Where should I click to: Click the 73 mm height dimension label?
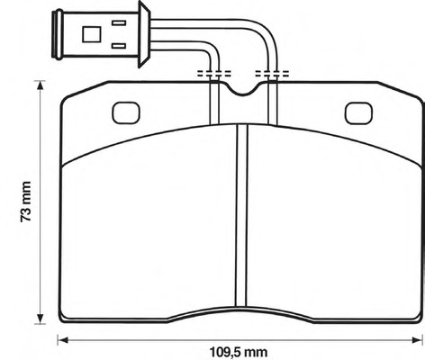click(x=26, y=202)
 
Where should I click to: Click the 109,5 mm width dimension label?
click(x=239, y=352)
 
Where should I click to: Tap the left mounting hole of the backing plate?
click(x=126, y=112)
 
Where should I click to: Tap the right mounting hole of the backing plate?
click(x=358, y=113)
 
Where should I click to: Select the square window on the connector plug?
click(x=92, y=34)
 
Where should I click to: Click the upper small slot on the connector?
click(x=119, y=22)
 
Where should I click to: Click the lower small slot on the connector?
click(x=119, y=46)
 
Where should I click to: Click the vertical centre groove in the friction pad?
click(x=242, y=215)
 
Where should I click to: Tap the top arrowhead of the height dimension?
click(x=40, y=86)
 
